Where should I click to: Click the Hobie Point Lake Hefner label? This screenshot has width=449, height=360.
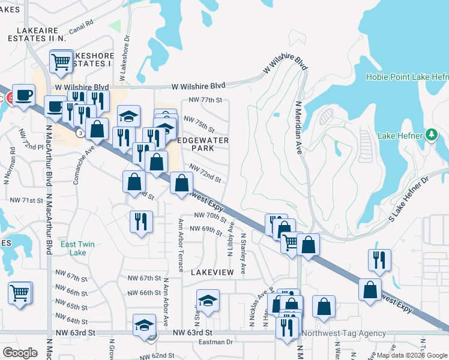[x=407, y=77]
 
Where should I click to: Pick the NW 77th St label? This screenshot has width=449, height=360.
[x=205, y=100]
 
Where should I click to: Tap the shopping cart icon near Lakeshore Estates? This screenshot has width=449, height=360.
[x=61, y=61]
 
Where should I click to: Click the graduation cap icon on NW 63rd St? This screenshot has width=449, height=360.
[x=144, y=325]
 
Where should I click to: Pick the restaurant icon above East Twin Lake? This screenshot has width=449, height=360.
[x=141, y=221]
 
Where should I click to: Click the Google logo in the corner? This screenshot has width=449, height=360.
[x=20, y=353]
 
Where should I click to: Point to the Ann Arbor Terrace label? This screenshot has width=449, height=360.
[x=181, y=244]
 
